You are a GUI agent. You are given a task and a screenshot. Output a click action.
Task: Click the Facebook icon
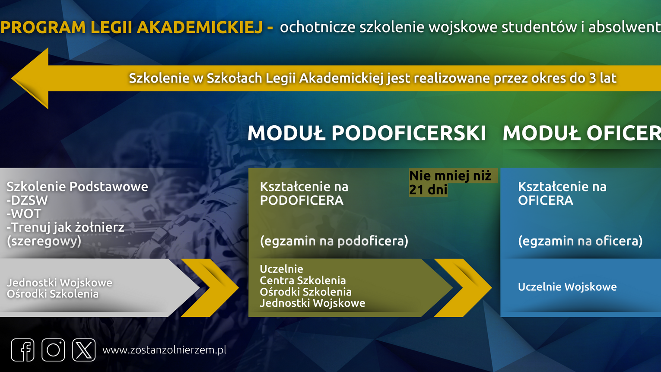point(23,350)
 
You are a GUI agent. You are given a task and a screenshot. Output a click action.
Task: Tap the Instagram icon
point(53,350)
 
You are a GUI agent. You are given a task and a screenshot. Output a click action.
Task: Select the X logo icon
point(84,350)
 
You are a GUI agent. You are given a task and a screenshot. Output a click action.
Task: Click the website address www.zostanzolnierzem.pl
point(164,350)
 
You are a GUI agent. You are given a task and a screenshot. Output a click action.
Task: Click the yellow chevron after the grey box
point(210,288)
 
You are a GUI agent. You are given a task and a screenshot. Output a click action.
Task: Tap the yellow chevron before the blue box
point(463,288)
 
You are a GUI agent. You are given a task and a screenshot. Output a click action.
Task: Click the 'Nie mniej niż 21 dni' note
point(451,183)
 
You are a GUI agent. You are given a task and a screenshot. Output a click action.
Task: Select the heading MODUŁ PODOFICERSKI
point(366,133)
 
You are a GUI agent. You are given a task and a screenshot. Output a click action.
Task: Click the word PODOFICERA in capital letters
point(302,200)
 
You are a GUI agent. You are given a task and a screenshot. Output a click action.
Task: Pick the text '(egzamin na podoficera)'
point(334,241)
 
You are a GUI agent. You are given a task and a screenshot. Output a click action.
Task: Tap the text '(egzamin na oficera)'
point(581,241)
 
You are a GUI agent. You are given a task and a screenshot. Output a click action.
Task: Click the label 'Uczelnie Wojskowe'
point(567,287)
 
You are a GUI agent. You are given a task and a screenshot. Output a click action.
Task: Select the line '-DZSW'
point(27,200)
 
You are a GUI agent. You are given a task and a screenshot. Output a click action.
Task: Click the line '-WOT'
point(24,214)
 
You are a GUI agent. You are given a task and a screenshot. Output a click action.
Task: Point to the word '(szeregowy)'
point(44,242)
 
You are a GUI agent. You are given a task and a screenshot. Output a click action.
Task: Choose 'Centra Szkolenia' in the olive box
point(303,280)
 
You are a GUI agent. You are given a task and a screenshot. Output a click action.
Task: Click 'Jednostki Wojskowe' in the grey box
point(60,283)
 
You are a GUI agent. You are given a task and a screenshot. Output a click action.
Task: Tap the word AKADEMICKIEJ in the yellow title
point(200,27)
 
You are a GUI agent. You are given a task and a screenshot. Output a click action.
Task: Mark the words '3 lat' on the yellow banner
point(603,79)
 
